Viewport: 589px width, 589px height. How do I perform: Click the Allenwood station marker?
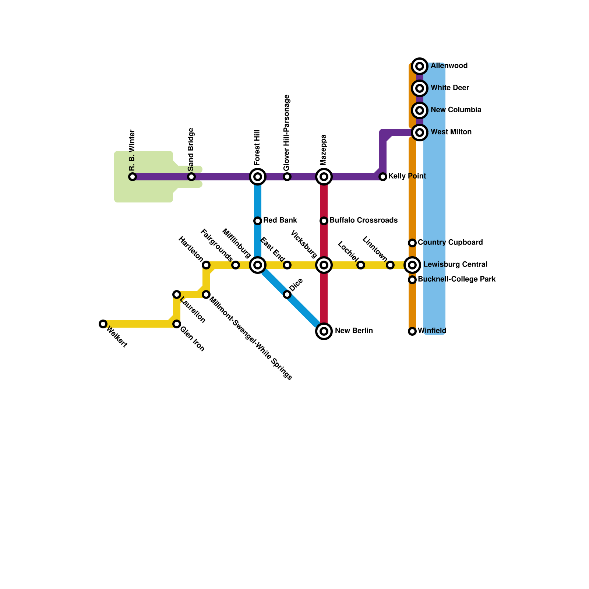[419, 66]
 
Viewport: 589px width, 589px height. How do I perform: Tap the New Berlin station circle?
[324, 331]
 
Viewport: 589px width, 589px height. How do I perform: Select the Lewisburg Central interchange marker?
[412, 265]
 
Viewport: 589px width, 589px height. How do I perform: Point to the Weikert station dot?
[103, 324]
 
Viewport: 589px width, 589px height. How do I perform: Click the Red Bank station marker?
[258, 221]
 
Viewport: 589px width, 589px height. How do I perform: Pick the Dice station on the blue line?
[287, 294]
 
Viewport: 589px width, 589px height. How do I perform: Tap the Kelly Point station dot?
[383, 177]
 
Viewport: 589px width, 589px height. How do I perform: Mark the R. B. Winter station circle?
[133, 177]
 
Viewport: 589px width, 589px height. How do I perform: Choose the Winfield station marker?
[412, 331]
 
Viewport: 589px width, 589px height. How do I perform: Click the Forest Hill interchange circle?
[258, 177]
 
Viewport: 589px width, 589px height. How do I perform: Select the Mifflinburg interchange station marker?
[258, 265]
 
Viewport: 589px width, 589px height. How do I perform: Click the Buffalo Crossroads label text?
[363, 221]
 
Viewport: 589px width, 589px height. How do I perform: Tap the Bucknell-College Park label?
[456, 279]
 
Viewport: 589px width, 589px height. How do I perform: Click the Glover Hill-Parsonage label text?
[287, 133]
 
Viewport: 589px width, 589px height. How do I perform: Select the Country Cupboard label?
[450, 243]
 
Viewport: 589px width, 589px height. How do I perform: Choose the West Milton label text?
[451, 132]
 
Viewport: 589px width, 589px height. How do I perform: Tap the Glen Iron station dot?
[177, 324]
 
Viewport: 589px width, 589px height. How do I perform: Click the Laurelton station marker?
[177, 294]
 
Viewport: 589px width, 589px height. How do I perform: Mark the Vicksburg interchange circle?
[324, 265]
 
